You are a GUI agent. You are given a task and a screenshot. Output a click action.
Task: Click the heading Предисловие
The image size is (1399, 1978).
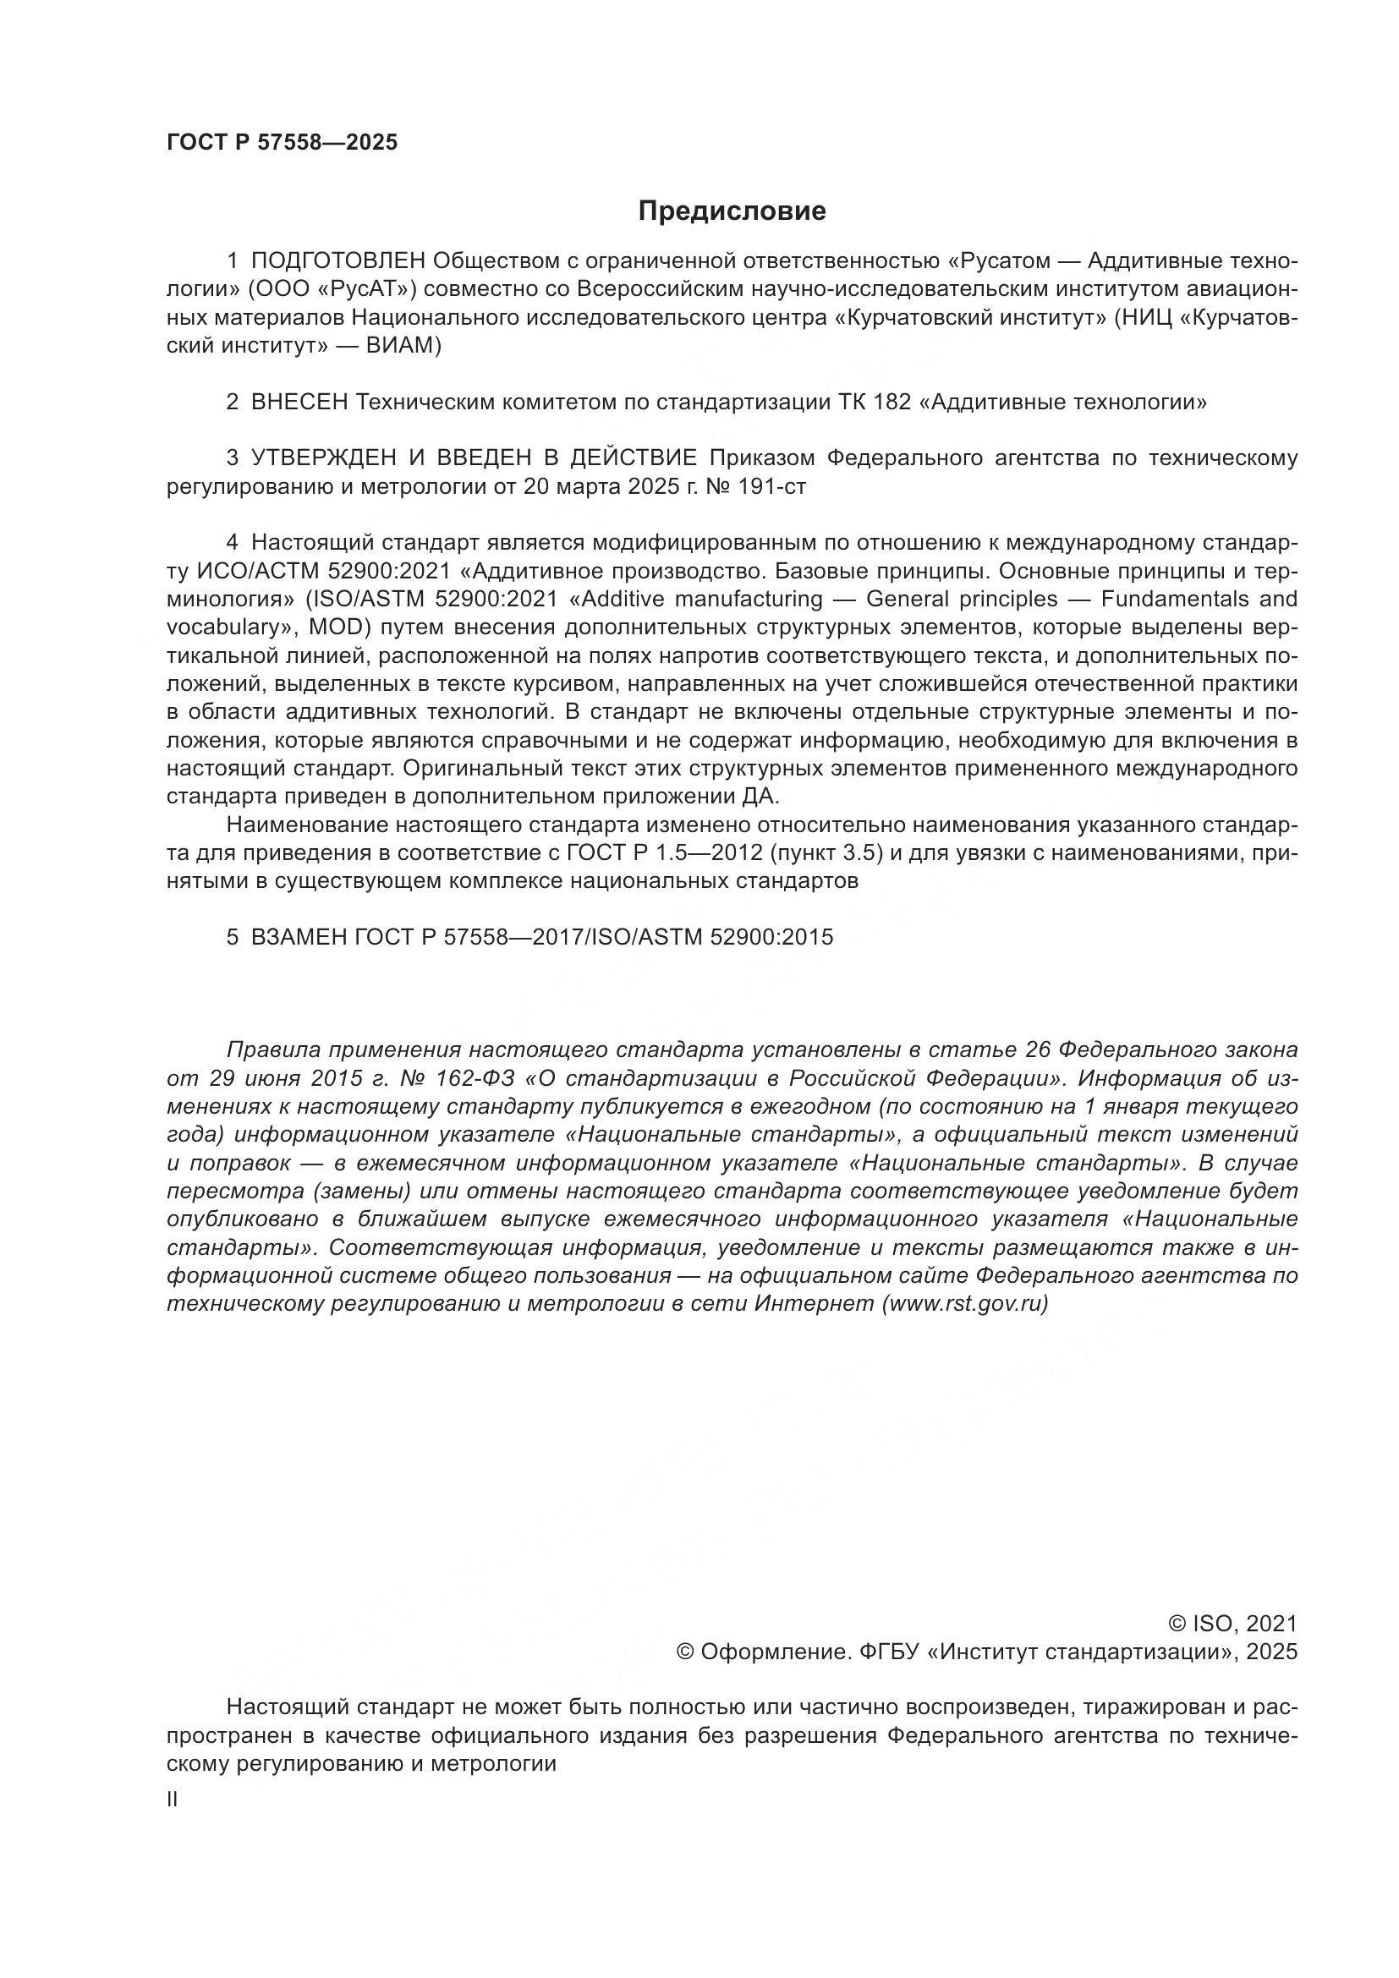(x=732, y=211)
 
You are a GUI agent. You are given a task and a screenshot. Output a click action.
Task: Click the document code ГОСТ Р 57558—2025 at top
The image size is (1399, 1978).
(x=282, y=143)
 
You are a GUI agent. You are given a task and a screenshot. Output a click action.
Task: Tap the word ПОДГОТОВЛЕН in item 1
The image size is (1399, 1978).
(x=337, y=261)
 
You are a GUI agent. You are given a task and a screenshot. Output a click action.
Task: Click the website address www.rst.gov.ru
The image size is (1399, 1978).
(x=965, y=1303)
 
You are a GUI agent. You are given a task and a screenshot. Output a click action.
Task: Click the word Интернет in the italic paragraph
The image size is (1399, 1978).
(x=814, y=1303)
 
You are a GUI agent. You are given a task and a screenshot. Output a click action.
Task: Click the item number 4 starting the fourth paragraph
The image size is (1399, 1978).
(x=232, y=543)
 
